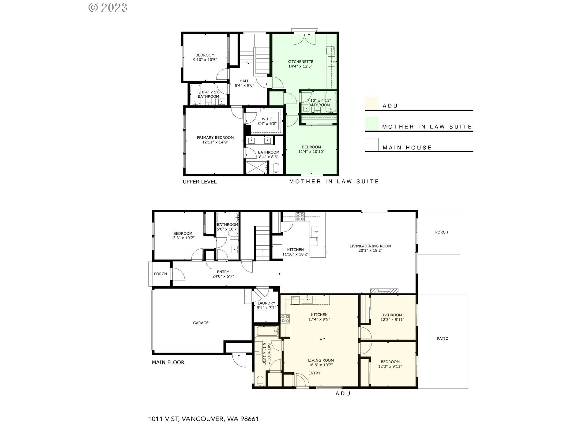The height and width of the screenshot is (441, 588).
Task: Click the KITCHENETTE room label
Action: (x=300, y=64)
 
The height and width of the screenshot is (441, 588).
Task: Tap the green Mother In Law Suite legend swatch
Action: (x=371, y=123)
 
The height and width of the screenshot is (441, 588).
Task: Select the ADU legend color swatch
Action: (x=371, y=103)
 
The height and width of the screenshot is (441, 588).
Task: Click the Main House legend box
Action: (x=371, y=144)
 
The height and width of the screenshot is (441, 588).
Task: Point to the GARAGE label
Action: (x=201, y=323)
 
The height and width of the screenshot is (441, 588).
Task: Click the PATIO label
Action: (x=443, y=338)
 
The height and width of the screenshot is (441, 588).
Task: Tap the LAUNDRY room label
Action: (x=266, y=305)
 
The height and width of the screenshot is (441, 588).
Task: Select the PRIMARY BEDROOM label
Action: (x=215, y=140)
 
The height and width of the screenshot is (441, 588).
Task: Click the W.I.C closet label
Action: (x=267, y=121)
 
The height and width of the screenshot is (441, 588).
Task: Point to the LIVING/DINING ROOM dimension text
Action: (x=370, y=251)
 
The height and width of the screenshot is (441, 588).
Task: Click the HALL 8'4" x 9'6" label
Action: (x=244, y=83)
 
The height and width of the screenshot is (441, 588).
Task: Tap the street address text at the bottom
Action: (x=203, y=419)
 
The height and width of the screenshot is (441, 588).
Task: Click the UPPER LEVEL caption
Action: (x=200, y=182)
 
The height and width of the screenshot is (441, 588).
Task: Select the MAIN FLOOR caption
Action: (x=168, y=362)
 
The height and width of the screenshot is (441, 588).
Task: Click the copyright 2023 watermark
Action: (x=108, y=8)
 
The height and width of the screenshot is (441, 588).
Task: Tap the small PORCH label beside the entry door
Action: (x=160, y=274)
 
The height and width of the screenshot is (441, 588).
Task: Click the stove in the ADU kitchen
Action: (x=285, y=319)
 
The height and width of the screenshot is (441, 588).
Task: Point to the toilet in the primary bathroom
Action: (x=276, y=168)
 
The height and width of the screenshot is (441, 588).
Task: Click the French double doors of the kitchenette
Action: (x=304, y=38)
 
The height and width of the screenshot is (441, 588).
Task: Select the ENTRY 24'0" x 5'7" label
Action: (x=223, y=274)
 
